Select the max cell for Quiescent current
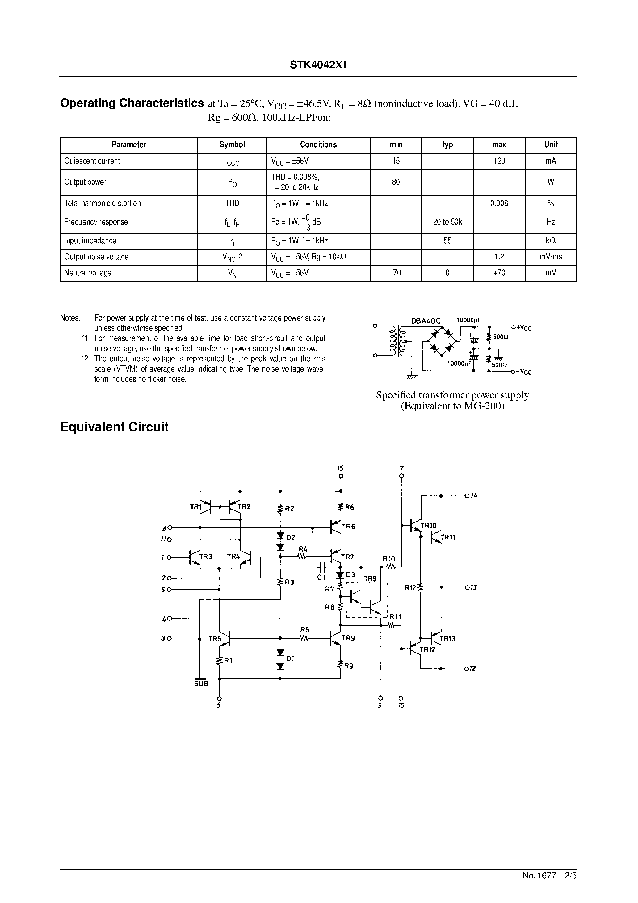pyautogui.click(x=499, y=161)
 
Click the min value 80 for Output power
pyautogui.click(x=396, y=182)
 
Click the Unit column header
pyautogui.click(x=551, y=145)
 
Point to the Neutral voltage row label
pyautogui.click(x=88, y=273)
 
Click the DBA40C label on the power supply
pyautogui.click(x=426, y=321)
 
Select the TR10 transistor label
pyautogui.click(x=428, y=525)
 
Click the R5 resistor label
pyautogui.click(x=304, y=630)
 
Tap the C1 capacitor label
pyautogui.click(x=321, y=577)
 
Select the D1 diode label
pyautogui.click(x=290, y=658)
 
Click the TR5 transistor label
pyautogui.click(x=215, y=639)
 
